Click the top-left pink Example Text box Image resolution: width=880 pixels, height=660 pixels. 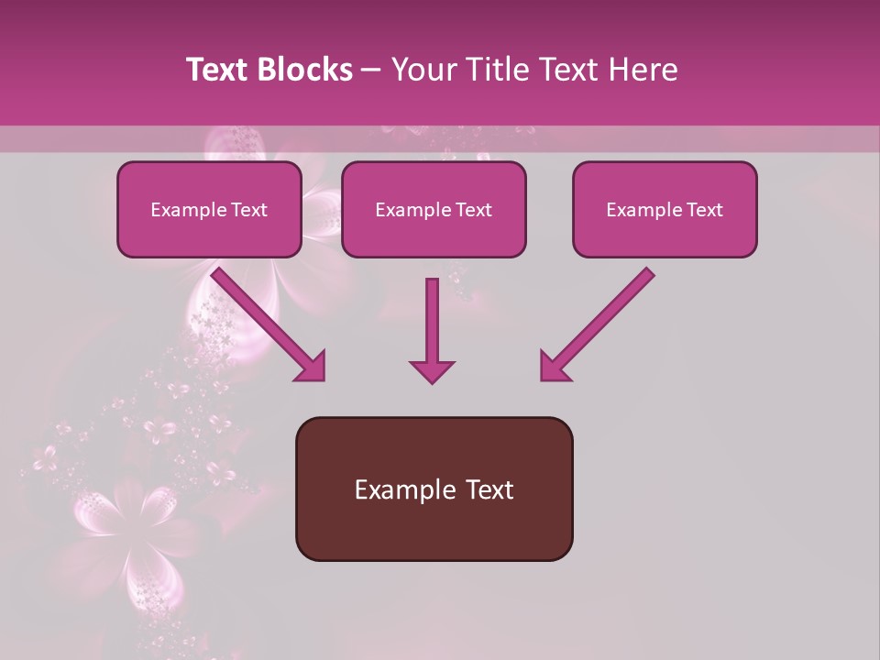click(209, 210)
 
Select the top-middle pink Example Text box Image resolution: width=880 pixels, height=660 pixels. click(434, 210)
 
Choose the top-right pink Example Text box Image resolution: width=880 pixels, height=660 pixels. click(665, 210)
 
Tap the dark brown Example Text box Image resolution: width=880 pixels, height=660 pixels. click(434, 489)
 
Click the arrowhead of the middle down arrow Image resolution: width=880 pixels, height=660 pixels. click(432, 370)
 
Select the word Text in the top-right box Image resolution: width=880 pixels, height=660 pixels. click(703, 210)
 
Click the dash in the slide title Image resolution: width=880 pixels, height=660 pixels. click(372, 70)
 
